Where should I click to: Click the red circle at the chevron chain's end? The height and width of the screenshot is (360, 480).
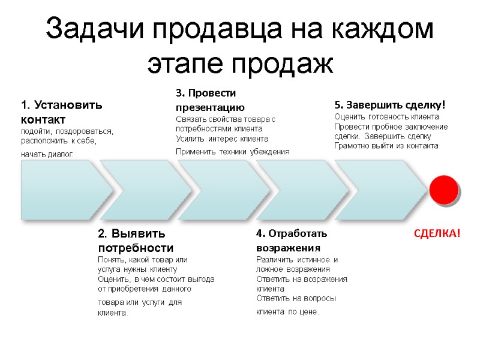[x=445, y=190]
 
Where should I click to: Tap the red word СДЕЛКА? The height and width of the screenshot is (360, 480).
[x=437, y=233]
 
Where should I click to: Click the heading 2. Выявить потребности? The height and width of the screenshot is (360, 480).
[x=136, y=240]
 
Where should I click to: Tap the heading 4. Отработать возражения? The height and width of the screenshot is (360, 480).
[x=292, y=240]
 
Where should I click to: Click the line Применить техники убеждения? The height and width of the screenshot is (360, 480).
[x=232, y=152]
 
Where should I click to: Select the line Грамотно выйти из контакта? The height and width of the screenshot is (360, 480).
[x=386, y=145]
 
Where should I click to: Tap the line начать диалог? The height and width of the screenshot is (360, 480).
[x=46, y=154]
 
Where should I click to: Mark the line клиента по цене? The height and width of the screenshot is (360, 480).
[x=288, y=312]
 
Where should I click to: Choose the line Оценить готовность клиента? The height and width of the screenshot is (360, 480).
[x=386, y=116]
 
